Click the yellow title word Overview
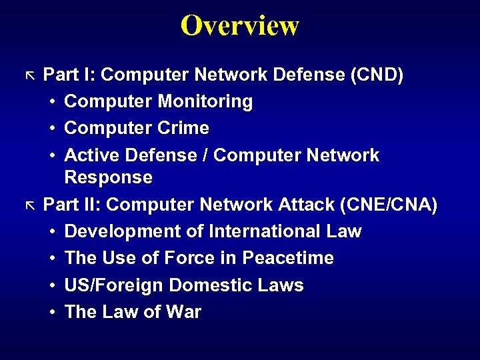[x=240, y=25]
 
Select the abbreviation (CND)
[x=377, y=75]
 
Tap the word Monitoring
[x=205, y=101]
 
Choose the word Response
[x=108, y=177]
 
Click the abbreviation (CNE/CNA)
[x=388, y=205]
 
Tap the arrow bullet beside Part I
[x=29, y=73]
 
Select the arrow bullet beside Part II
[x=29, y=203]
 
